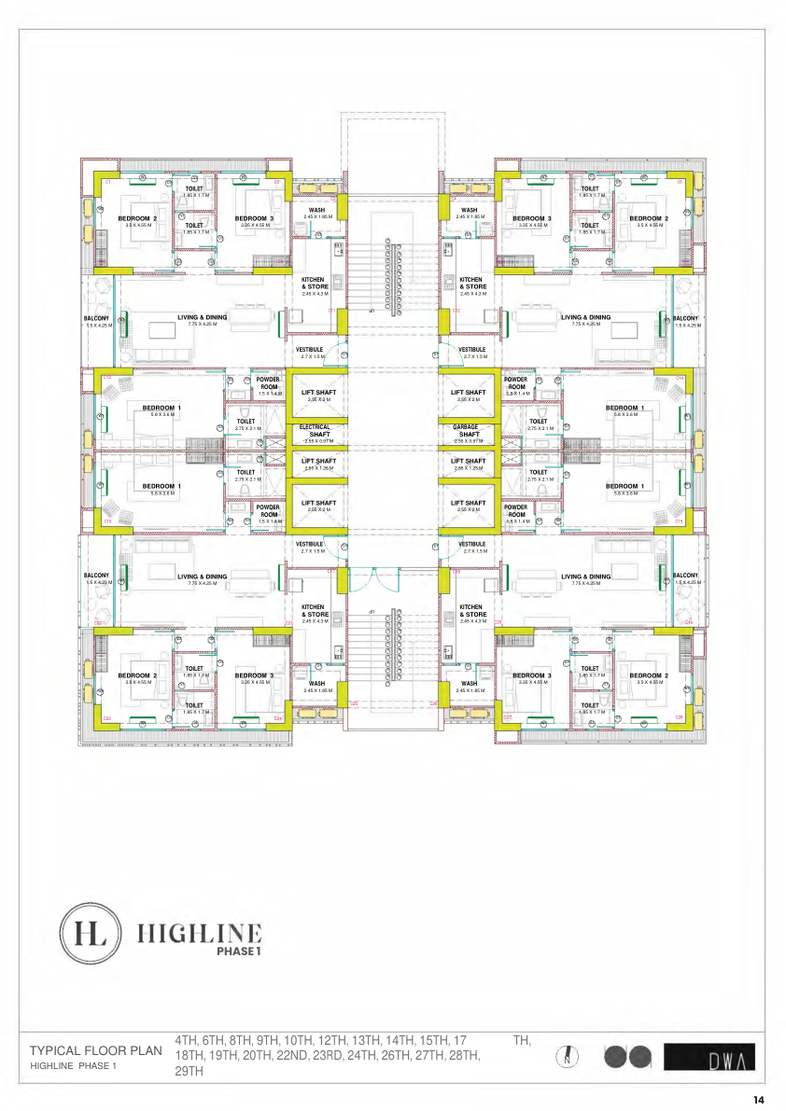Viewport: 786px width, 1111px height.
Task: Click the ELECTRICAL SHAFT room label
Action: click(315, 431)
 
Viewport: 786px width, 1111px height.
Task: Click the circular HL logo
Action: click(90, 934)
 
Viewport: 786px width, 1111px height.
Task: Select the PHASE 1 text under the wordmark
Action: click(239, 952)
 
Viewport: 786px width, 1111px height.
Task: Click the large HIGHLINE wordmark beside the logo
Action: click(200, 932)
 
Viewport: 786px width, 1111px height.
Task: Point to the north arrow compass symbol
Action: click(568, 1057)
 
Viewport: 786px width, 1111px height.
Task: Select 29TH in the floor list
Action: click(189, 1072)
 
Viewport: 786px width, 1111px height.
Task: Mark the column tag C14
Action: click(680, 378)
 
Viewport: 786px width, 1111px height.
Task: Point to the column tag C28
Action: click(680, 716)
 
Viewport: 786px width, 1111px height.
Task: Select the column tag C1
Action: click(107, 182)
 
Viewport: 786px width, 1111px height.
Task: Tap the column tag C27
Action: click(508, 716)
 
